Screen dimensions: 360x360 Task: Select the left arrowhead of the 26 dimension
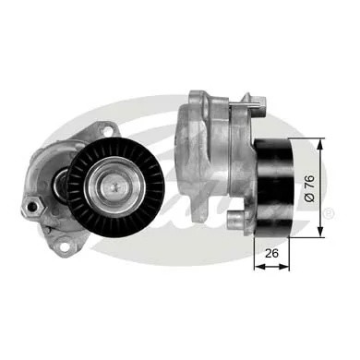[x=257, y=266]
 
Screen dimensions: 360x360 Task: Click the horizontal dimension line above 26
[x=272, y=266]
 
